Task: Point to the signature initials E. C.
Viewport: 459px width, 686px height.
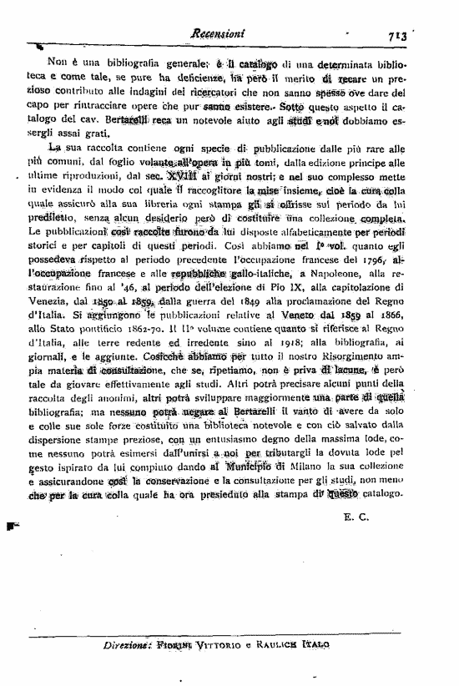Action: click(356, 517)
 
